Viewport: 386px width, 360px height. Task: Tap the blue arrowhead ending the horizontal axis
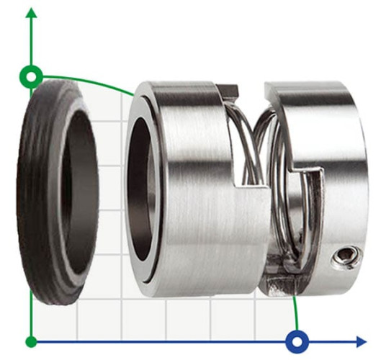[x=360, y=341]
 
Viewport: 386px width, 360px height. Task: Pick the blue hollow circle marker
[x=297, y=341]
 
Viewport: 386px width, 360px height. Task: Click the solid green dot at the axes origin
[x=30, y=341]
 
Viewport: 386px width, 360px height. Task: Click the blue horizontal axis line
[x=180, y=341]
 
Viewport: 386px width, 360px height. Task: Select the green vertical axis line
[x=30, y=216]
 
